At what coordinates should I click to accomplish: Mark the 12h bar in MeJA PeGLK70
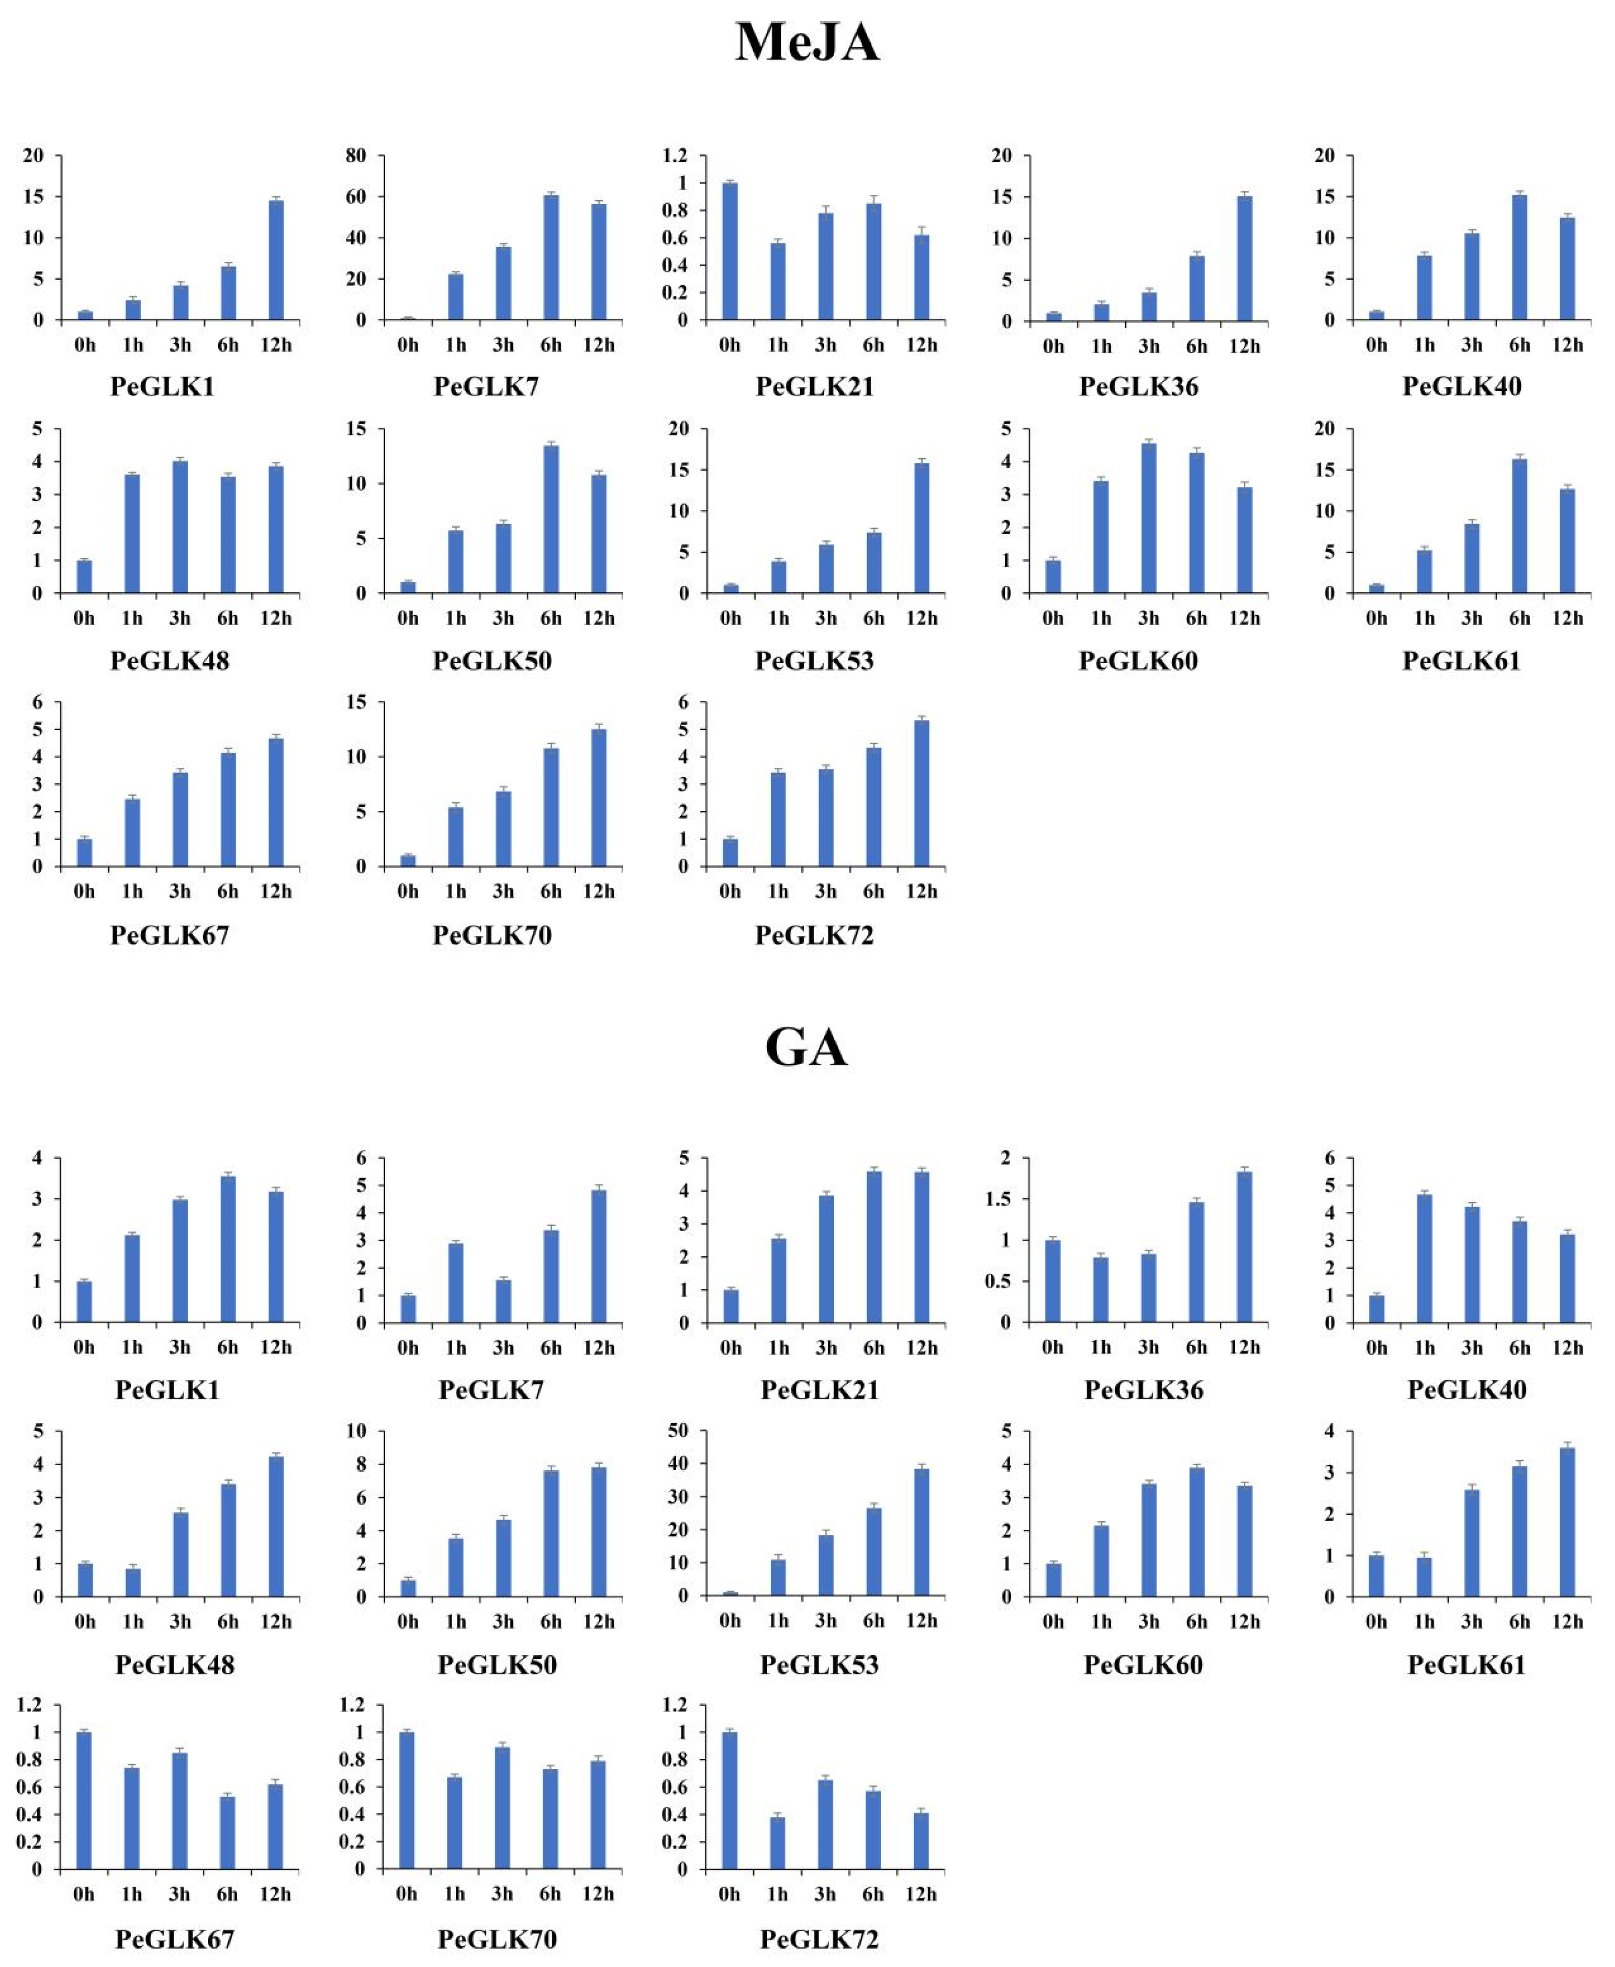pos(598,798)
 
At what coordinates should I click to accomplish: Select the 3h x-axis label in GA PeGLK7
pos(503,1347)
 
